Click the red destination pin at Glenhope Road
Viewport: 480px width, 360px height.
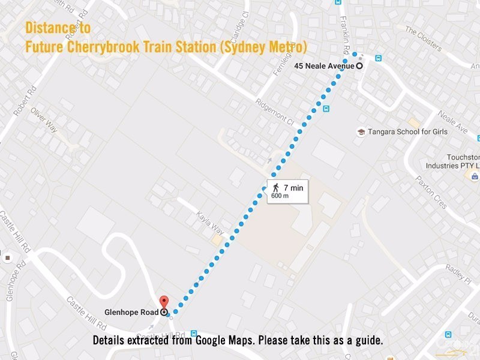pos(164,302)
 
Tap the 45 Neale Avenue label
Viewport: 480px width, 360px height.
pos(324,66)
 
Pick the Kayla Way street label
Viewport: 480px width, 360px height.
pos(210,223)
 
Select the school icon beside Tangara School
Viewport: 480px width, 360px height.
pos(361,132)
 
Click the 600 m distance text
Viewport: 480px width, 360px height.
pos(280,196)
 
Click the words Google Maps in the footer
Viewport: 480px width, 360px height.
pos(268,341)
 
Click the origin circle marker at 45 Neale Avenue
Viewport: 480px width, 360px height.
pos(359,66)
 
